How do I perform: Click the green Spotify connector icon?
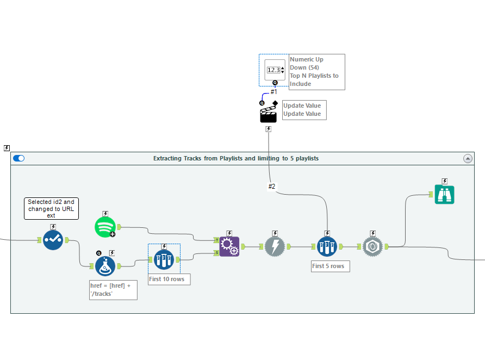[105, 227]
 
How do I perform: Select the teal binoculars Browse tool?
[444, 194]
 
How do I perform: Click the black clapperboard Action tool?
[269, 114]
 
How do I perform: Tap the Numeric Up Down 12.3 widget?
[275, 70]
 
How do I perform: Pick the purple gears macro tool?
[229, 247]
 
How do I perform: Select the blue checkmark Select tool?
[53, 240]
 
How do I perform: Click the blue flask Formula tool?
[105, 266]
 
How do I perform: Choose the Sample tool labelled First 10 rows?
[164, 259]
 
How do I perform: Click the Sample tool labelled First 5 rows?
[327, 246]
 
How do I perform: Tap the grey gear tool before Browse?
[372, 246]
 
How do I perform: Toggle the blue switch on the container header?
[19, 158]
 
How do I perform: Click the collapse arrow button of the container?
[468, 158]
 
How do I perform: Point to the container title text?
[236, 158]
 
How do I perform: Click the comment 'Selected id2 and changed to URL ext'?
[51, 208]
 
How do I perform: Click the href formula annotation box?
[113, 289]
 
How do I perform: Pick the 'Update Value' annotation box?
[304, 110]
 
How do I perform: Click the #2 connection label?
[272, 187]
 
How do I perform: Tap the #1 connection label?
[274, 92]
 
